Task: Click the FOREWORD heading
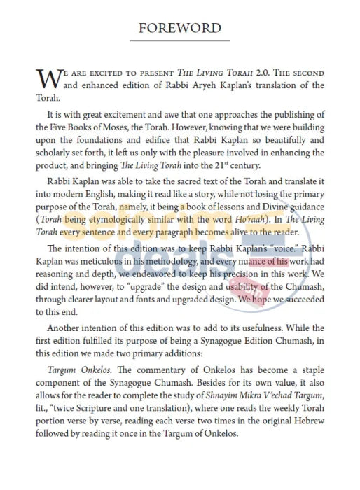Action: point(180,28)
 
